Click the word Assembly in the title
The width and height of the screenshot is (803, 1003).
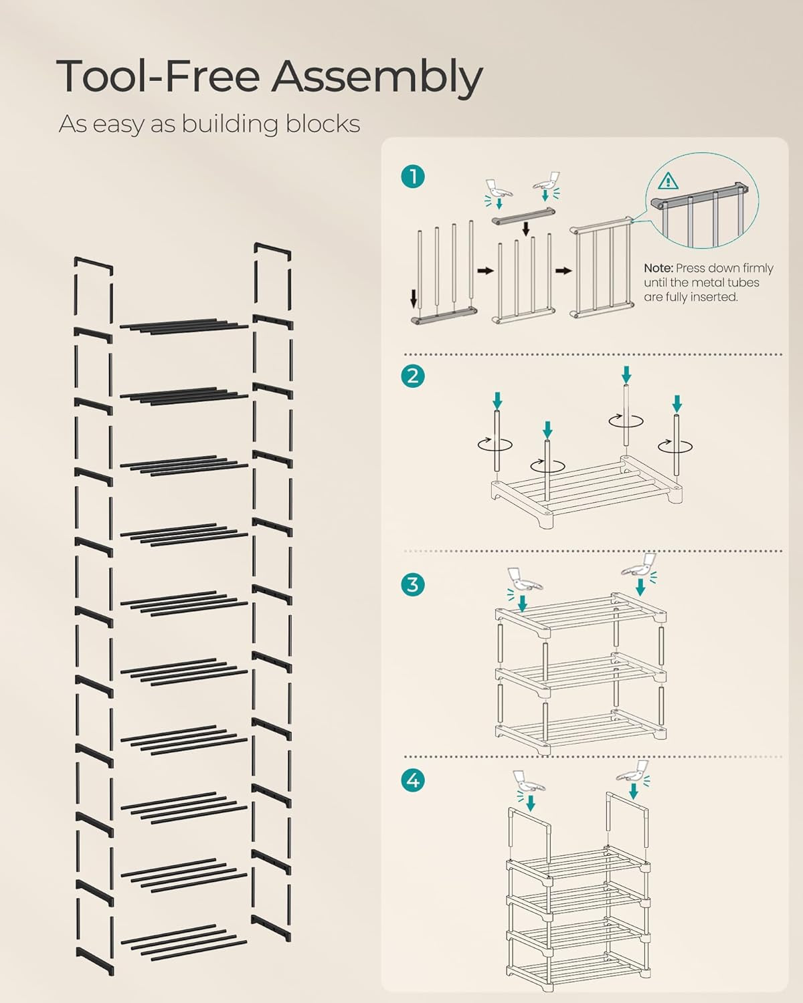(x=376, y=78)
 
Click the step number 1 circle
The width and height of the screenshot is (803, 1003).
(x=413, y=177)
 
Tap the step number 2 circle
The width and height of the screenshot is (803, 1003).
(x=413, y=376)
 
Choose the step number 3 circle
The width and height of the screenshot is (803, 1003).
(x=413, y=584)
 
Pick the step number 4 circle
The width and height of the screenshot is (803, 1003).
(x=413, y=780)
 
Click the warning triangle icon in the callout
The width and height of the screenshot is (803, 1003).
(x=668, y=181)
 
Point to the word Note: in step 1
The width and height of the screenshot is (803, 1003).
(x=658, y=268)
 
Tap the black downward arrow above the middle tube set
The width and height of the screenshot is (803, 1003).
(x=526, y=229)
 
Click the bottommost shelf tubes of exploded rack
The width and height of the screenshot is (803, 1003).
(x=184, y=943)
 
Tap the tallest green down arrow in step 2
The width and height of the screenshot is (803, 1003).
(x=626, y=374)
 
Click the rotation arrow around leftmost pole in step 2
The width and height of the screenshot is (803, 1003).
(x=496, y=443)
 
